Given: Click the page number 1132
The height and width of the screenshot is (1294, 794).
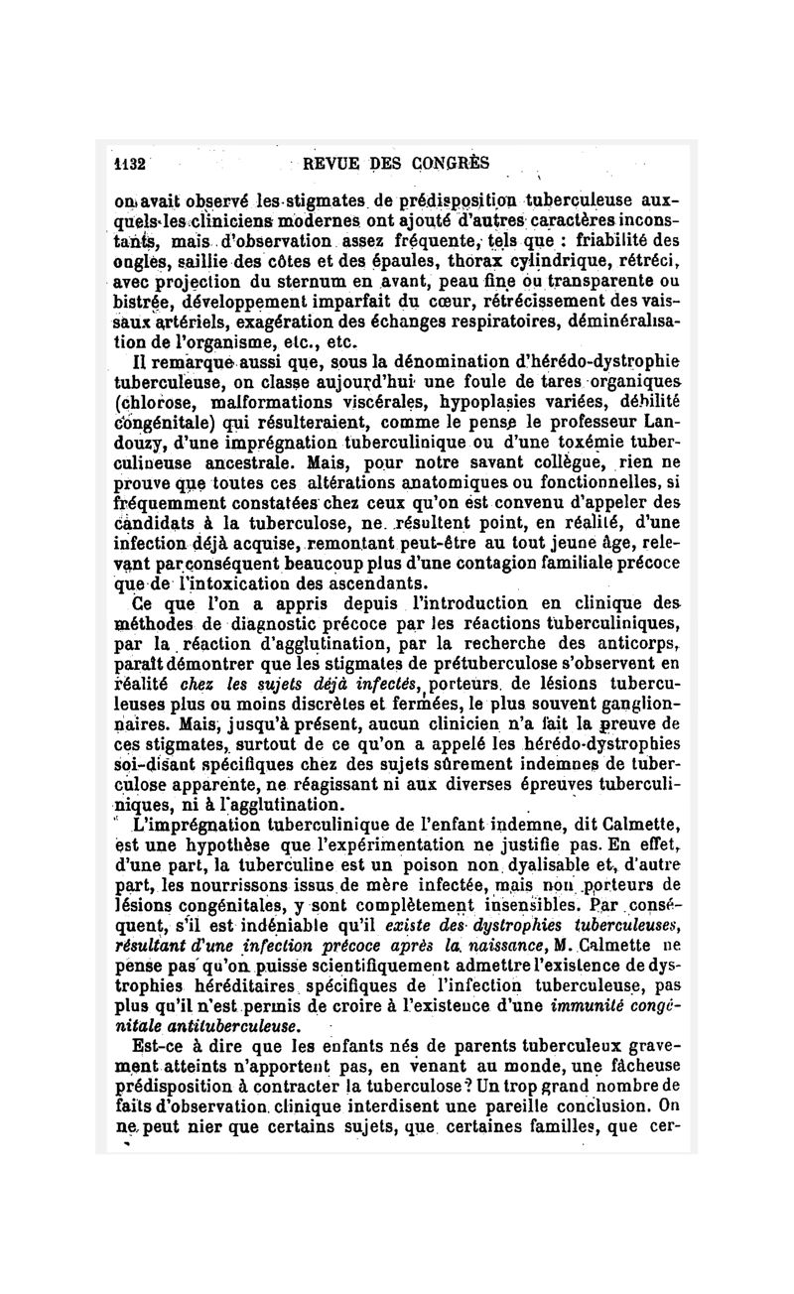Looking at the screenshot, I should pos(131,165).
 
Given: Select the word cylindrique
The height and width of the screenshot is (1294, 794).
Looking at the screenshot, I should pos(554,265).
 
